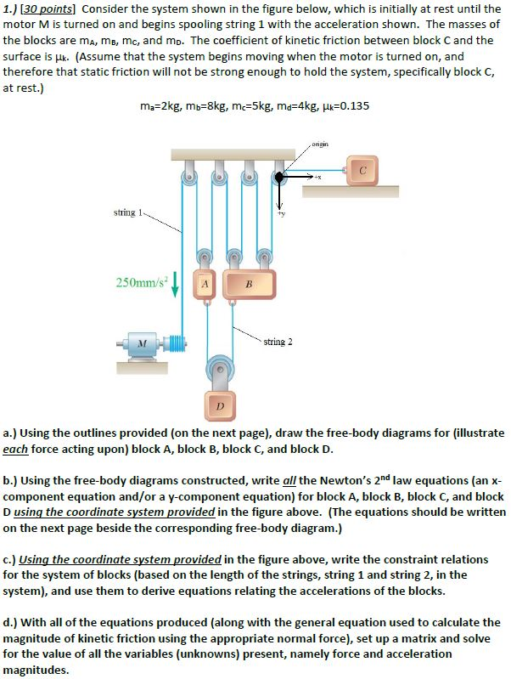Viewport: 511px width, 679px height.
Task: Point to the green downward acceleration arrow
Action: point(176,283)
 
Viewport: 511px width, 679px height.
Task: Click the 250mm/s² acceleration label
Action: point(140,280)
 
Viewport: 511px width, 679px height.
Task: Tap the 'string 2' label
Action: point(278,342)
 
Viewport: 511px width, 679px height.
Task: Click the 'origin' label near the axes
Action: point(321,144)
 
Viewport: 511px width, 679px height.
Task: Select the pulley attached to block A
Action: point(205,258)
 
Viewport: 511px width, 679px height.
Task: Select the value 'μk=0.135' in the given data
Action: point(341,106)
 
